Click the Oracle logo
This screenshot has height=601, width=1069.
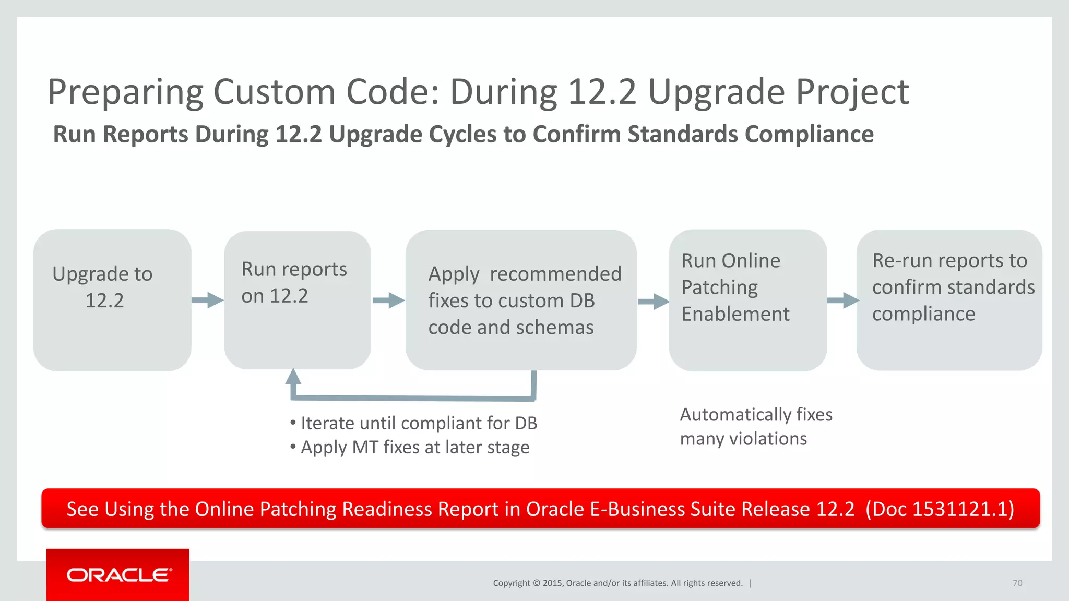click(x=118, y=575)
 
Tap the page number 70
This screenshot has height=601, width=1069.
click(x=1017, y=583)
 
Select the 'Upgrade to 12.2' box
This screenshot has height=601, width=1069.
click(x=112, y=300)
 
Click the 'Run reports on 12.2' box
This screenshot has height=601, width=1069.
click(x=298, y=300)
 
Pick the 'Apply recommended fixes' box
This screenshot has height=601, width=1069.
click(x=521, y=300)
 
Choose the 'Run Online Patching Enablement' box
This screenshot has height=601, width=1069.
click(x=747, y=300)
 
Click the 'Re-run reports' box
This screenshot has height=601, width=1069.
click(x=949, y=300)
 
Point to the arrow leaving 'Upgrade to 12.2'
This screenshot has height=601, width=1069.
click(x=207, y=300)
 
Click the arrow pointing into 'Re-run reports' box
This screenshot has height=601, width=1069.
click(x=842, y=300)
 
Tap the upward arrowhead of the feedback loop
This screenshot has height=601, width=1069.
click(x=293, y=377)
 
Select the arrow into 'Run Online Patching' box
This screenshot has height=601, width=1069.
click(x=653, y=301)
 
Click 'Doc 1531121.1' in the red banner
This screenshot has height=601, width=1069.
click(x=940, y=509)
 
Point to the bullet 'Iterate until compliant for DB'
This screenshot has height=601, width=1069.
click(x=414, y=423)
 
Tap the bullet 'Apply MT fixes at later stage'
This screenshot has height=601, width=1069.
click(x=410, y=448)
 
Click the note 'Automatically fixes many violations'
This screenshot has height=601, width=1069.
click(x=755, y=426)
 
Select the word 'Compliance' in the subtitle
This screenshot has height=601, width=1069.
click(x=809, y=134)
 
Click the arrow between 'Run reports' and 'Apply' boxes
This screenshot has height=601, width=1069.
click(x=388, y=300)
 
